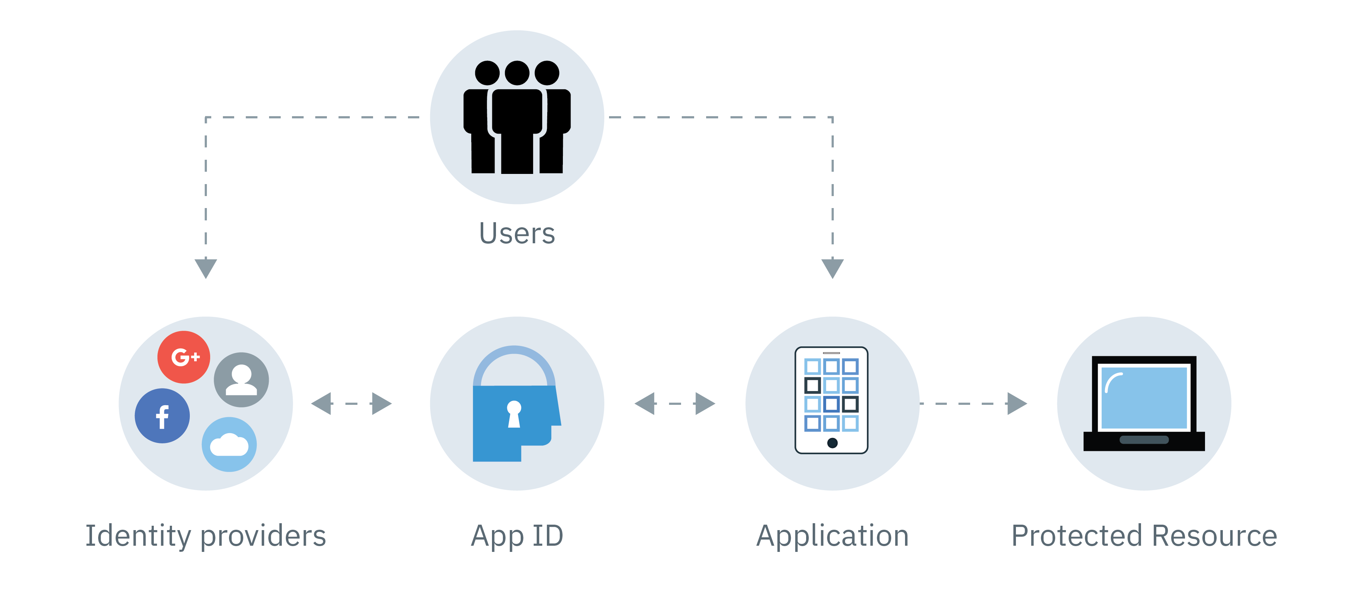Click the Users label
point(517,233)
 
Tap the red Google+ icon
point(184,357)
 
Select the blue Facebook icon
point(162,416)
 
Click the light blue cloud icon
point(229,444)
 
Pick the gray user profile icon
point(241,379)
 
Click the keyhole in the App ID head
point(514,414)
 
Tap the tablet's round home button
point(832,443)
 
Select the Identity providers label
point(206,536)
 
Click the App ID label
point(517,536)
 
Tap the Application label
point(832,536)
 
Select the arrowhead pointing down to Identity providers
point(206,267)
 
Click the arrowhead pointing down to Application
point(832,267)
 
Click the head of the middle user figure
point(517,73)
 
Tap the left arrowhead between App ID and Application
point(646,403)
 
